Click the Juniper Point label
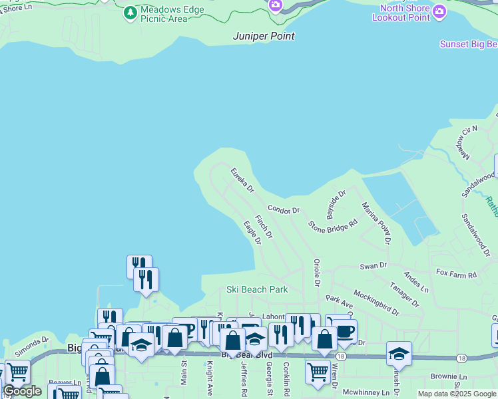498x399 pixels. click(x=264, y=36)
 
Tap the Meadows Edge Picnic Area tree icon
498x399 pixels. click(x=130, y=12)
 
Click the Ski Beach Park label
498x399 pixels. click(x=257, y=289)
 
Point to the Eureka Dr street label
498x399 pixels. click(x=243, y=180)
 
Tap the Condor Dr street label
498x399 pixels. click(x=284, y=209)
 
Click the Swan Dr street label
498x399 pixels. click(x=373, y=265)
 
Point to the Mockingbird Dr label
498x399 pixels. click(x=376, y=301)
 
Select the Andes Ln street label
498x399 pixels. click(x=417, y=281)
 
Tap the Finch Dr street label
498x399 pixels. click(x=264, y=226)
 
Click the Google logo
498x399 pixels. click(x=22, y=391)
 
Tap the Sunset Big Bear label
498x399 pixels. click(x=469, y=45)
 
